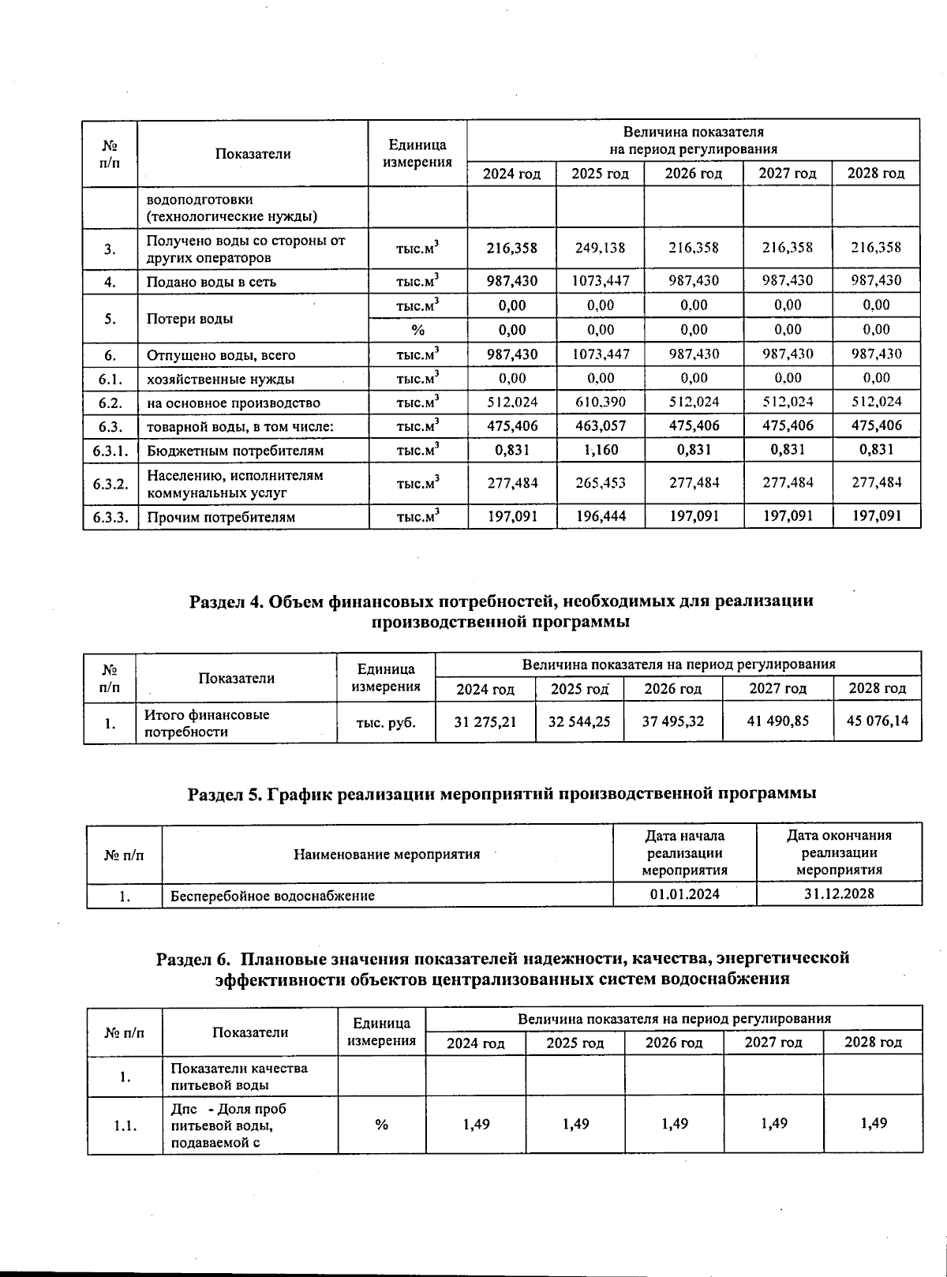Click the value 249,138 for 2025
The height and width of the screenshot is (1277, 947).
[600, 248]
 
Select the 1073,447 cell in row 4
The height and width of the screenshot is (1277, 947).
[600, 281]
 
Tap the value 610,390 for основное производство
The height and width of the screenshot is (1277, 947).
[600, 402]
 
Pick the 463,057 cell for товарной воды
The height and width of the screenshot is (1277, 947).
[600, 426]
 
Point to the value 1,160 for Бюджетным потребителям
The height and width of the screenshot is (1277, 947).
[600, 451]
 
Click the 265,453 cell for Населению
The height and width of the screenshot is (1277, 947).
[600, 483]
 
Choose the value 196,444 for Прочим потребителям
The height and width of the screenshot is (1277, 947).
[600, 518]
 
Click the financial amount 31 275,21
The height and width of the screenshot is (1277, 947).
[485, 721]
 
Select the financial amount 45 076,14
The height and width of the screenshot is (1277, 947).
[877, 721]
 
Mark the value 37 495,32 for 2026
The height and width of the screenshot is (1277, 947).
[672, 721]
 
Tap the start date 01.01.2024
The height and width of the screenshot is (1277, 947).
[684, 894]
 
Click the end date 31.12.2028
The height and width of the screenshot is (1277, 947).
[839, 894]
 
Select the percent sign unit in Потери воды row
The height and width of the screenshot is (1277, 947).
[417, 330]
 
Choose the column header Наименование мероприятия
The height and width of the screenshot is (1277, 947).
[387, 854]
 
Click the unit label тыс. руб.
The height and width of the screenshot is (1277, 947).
[386, 721]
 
